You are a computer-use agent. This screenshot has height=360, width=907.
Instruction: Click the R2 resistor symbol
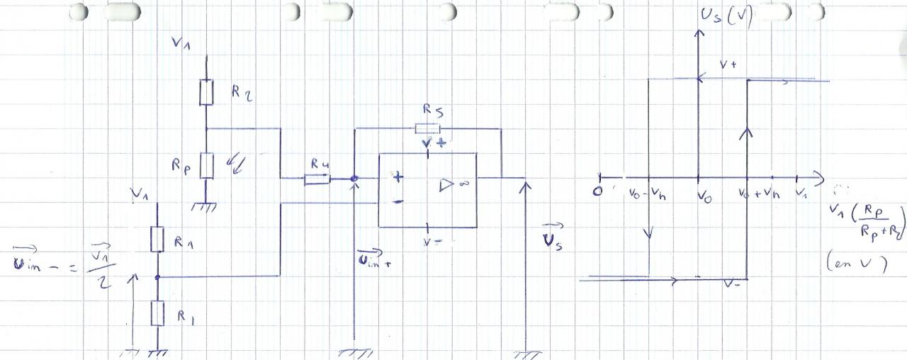tap(205, 93)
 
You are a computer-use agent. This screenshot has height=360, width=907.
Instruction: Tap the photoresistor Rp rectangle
tap(205, 165)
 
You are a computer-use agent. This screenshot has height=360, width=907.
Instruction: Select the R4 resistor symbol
tap(317, 179)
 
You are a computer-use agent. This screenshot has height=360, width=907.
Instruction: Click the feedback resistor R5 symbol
tap(427, 128)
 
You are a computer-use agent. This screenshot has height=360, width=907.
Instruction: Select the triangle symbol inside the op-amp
tap(447, 185)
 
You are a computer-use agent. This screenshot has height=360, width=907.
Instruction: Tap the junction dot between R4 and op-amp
tap(354, 179)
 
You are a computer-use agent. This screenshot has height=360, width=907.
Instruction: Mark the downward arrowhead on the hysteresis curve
tap(649, 233)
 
